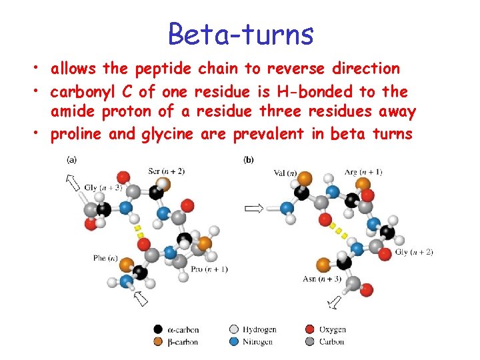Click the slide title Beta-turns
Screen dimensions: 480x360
click(x=240, y=33)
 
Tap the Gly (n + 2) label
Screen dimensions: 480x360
click(x=414, y=252)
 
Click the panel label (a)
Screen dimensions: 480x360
click(x=71, y=159)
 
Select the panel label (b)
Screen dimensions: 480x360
click(x=249, y=159)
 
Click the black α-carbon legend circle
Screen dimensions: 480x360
click(x=157, y=329)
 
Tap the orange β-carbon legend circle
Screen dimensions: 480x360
click(x=157, y=342)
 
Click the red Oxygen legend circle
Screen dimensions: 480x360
click(x=309, y=329)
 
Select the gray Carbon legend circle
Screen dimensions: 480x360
click(x=309, y=342)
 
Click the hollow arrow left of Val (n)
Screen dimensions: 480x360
click(x=254, y=209)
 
